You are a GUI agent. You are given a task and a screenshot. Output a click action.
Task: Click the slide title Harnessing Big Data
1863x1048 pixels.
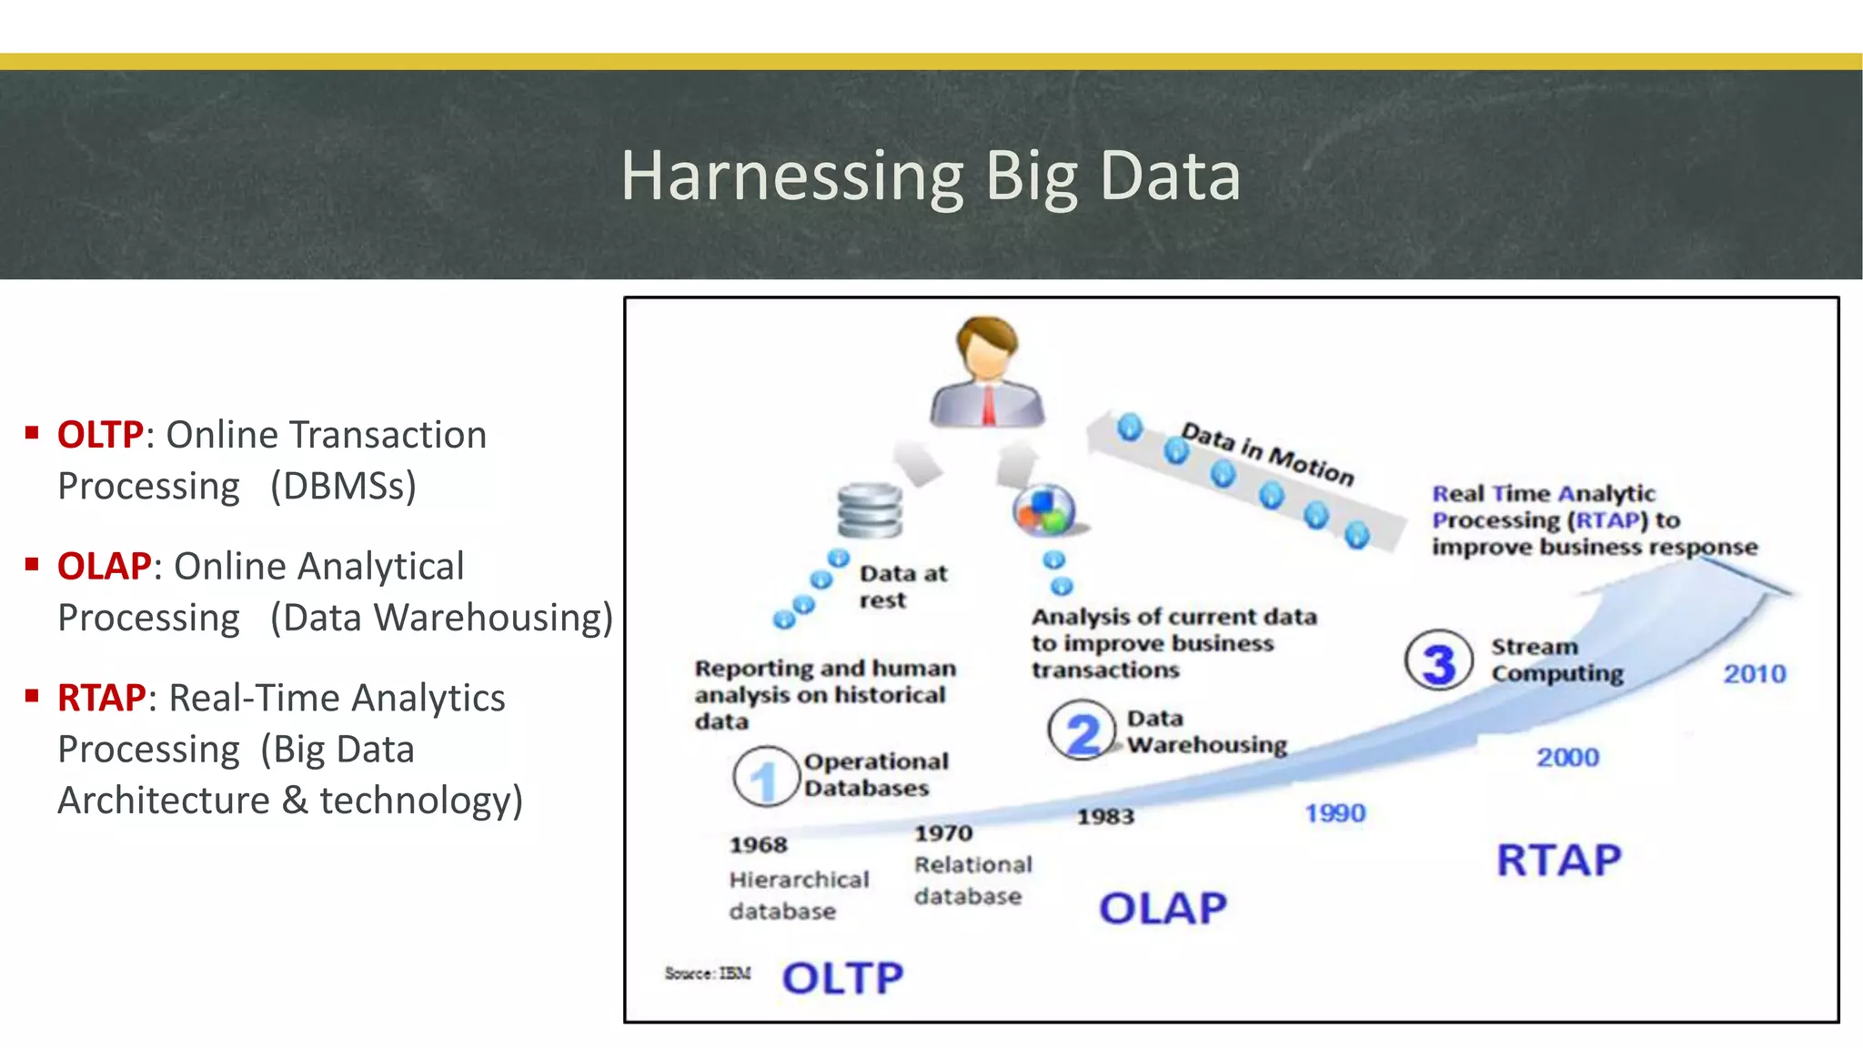[x=931, y=176]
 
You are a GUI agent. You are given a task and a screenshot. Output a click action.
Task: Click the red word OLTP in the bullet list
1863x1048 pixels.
[x=100, y=435]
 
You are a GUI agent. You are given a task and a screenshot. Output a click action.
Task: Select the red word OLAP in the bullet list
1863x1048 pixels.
[x=104, y=566]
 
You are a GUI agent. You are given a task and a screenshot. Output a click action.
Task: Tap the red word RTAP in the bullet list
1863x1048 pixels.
[x=101, y=698]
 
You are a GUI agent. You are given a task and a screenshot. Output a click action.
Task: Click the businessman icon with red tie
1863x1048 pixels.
[x=987, y=373]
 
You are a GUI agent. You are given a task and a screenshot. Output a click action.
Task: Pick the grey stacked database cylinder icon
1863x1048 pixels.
[x=870, y=510]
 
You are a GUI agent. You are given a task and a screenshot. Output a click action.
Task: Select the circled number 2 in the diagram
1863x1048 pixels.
[x=1082, y=731]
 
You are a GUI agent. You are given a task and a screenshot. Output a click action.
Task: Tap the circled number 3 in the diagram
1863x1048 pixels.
[x=1438, y=661]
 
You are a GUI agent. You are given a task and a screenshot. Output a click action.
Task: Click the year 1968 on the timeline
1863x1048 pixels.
[x=758, y=845]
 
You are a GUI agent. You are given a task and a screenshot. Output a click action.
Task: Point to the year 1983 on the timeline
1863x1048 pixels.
[x=1105, y=816]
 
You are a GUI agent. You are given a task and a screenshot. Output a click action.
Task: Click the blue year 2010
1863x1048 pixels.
[x=1754, y=674]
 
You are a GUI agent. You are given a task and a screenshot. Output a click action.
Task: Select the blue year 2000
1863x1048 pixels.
[x=1566, y=757]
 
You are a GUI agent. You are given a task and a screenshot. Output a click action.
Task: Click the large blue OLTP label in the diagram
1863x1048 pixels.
[x=842, y=979]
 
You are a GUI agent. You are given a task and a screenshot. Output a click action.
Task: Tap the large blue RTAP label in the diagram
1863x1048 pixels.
[x=1558, y=861]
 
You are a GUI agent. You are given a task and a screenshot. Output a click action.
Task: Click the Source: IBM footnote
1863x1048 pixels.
[x=708, y=973]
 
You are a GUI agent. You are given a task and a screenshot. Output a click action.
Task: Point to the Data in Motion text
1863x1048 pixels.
[x=1266, y=453]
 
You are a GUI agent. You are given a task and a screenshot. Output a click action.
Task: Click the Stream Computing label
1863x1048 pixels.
[x=1556, y=660]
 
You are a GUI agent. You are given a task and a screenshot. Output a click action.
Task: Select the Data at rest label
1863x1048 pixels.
[x=901, y=587]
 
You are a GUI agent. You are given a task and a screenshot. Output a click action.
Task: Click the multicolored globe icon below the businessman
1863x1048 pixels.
[x=1044, y=510]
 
